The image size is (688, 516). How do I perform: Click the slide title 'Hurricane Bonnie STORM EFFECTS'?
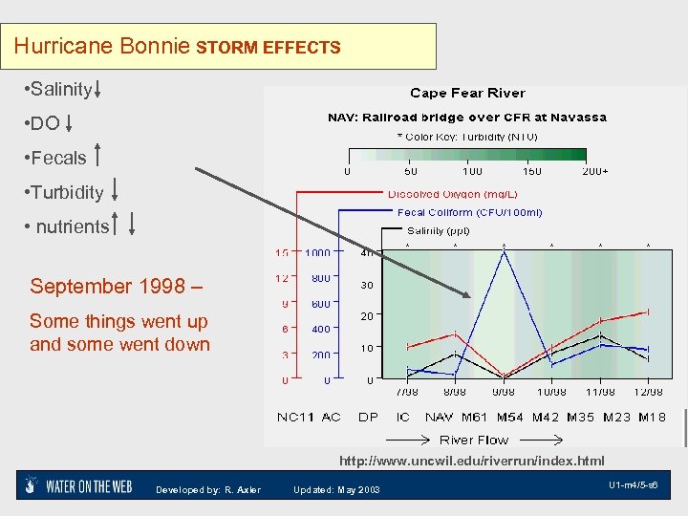point(178,46)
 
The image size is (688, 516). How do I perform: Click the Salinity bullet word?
point(60,90)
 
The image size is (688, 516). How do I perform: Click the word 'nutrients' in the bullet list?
point(72,226)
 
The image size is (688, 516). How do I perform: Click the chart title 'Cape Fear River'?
point(467,93)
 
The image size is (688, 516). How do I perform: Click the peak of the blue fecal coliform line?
point(504,251)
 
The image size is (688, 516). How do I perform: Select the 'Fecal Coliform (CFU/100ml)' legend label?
point(469,212)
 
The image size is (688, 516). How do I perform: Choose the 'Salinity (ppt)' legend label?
point(439,230)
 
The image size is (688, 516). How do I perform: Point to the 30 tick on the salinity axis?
point(366,285)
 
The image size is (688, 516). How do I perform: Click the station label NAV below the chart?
point(439,418)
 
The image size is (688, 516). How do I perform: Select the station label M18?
point(652,418)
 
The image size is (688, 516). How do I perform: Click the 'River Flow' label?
point(474,440)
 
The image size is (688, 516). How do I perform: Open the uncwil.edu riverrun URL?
point(472,461)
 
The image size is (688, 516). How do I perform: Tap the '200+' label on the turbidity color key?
point(595,171)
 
